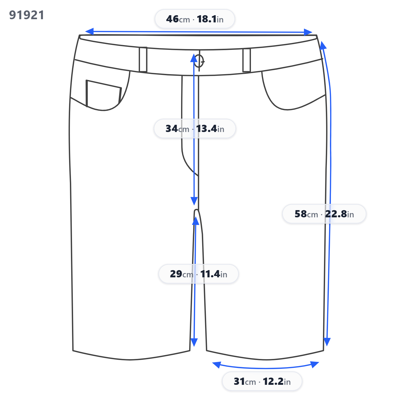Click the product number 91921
tap(27, 15)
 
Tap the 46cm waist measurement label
tap(195, 19)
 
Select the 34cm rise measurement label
tap(195, 129)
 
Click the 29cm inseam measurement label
tap(198, 274)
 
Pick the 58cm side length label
tap(324, 214)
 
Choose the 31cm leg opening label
tap(262, 381)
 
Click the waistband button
tap(199, 61)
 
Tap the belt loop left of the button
tap(143, 59)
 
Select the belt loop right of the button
tap(247, 60)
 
